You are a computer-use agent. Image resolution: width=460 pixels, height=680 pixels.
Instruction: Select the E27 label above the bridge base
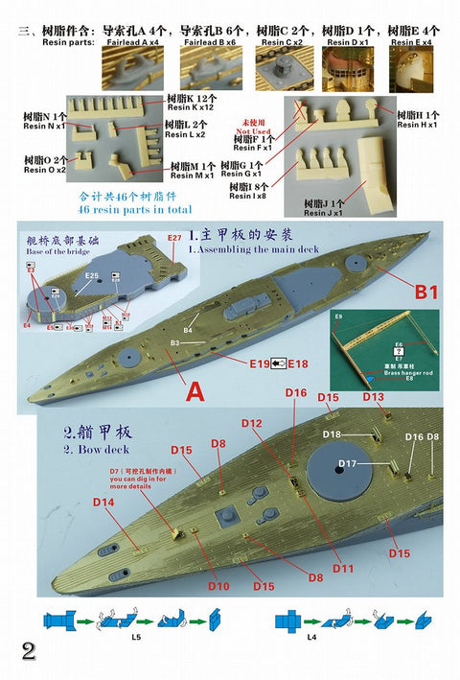tap(173, 237)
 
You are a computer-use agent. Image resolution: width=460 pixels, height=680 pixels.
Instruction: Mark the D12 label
tap(252, 423)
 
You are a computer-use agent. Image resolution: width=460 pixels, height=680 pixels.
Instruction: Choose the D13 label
tap(374, 397)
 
